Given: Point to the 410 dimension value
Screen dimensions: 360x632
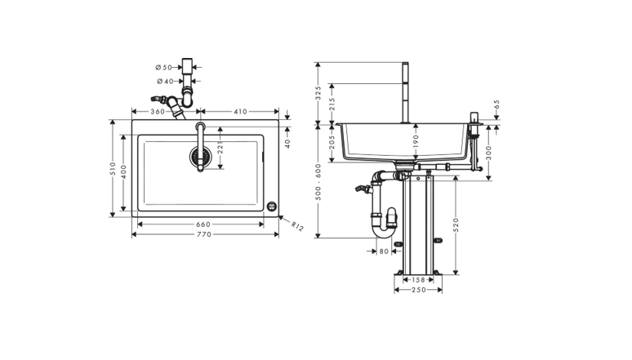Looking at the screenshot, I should point(240,111).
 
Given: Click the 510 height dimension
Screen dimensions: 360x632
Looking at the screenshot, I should point(113,168).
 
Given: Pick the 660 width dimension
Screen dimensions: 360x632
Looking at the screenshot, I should point(203,224).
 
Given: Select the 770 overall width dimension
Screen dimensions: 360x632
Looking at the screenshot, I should point(203,234).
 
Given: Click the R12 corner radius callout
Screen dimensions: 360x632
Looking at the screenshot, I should point(297,227).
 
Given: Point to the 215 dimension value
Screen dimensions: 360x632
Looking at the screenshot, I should point(332,104).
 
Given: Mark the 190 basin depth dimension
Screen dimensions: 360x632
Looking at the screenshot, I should point(416,142).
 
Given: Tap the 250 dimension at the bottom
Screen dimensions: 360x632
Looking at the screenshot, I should point(418,290).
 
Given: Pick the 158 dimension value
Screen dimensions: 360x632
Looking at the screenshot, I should point(418,279).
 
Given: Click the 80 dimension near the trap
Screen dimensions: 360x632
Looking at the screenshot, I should point(384,251).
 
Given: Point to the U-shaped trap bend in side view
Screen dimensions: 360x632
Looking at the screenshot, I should point(384,230).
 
